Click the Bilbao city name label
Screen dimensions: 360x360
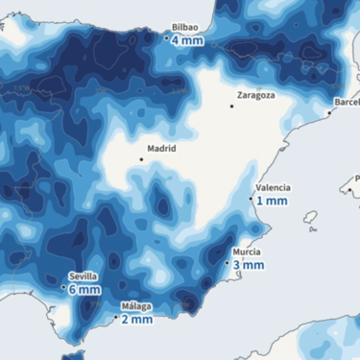coord(184,28)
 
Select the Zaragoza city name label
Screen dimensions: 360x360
coord(256,95)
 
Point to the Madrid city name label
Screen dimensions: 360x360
coord(161,150)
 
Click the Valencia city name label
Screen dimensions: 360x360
coord(272,188)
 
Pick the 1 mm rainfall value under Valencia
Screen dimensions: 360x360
coord(273,201)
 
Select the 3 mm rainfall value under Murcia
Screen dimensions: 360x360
coord(249,264)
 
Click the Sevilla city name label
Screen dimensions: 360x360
coord(83,276)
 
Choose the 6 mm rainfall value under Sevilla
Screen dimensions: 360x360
coord(84,289)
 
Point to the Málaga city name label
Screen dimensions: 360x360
coord(134,307)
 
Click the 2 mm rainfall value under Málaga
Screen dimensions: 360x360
coord(135,320)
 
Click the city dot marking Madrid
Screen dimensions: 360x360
coord(141,159)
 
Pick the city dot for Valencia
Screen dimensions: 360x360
coord(252,199)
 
